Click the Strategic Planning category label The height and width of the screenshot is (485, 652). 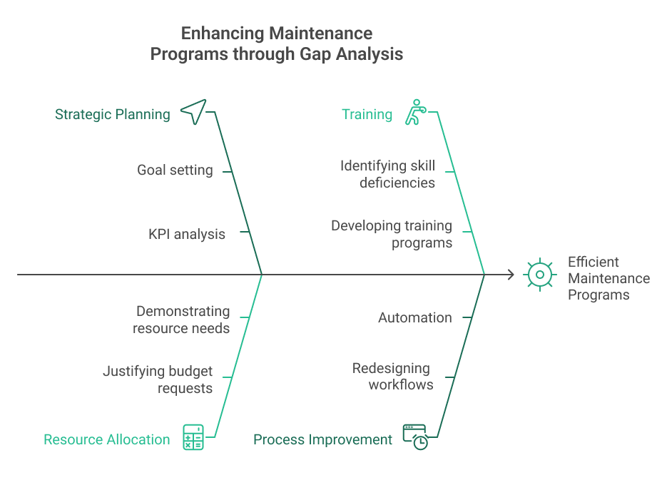112,114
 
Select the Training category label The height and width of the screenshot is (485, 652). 367,114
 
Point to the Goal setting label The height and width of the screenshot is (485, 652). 175,170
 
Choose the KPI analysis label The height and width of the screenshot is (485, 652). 187,234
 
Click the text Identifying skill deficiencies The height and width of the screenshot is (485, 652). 387,174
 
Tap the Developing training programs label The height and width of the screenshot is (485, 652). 392,234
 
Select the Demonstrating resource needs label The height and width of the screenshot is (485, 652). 183,320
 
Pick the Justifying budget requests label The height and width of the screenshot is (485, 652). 158,379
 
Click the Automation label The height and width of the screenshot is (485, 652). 414,317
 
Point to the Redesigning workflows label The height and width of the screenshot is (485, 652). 392,376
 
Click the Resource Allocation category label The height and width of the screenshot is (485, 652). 107,439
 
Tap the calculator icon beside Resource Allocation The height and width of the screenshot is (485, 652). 193,436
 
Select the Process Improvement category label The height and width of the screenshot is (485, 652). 322,439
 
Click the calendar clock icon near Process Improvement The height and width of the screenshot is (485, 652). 415,436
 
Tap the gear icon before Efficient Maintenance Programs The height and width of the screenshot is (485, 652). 540,275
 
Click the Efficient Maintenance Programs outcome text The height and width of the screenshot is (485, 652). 608,278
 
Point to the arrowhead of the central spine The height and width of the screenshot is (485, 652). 511,275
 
